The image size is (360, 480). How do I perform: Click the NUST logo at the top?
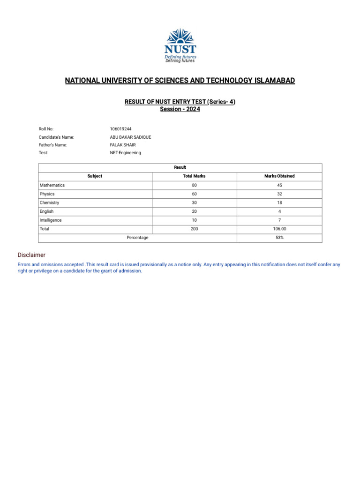(x=180, y=45)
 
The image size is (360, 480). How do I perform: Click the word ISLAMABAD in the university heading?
(x=274, y=81)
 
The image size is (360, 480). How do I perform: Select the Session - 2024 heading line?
(x=180, y=109)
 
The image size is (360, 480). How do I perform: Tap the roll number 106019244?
(x=121, y=129)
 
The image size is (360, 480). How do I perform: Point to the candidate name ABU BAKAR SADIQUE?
(x=130, y=137)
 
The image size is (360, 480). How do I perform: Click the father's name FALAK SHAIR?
(x=123, y=145)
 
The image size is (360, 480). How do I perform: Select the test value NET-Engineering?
(x=125, y=153)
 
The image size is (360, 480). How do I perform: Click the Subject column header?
(x=95, y=176)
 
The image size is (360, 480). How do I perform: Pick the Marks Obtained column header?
(x=279, y=176)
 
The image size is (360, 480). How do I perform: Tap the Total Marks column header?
(x=194, y=176)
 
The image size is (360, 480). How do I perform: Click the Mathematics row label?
(x=52, y=185)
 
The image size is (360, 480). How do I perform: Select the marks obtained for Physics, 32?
(x=279, y=194)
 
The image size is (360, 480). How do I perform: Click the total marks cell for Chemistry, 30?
(x=194, y=202)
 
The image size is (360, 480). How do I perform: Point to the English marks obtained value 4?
(x=279, y=211)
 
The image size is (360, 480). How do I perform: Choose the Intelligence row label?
(x=51, y=220)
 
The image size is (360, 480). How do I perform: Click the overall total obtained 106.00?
(x=279, y=229)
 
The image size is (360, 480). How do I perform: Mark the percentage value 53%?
(x=279, y=238)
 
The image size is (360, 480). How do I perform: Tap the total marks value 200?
(x=194, y=229)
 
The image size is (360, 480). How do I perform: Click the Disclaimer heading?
(x=31, y=255)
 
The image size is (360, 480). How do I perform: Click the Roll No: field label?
(x=46, y=129)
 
